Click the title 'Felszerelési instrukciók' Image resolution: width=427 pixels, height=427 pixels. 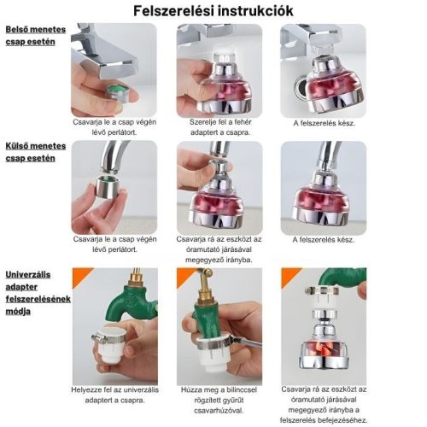click(x=213, y=11)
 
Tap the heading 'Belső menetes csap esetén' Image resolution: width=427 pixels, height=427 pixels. click(x=36, y=36)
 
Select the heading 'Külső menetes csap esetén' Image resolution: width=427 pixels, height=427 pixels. click(x=36, y=152)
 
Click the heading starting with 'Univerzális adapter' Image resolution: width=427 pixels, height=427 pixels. click(x=38, y=293)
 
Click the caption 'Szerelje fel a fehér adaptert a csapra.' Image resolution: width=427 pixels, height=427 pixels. click(x=220, y=127)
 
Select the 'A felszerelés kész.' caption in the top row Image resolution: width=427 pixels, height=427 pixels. click(x=325, y=123)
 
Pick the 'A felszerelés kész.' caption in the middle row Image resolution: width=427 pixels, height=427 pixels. click(x=324, y=240)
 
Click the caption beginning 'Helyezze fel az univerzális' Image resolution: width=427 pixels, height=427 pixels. click(x=114, y=395)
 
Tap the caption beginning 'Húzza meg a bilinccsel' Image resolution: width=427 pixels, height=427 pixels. click(x=219, y=400)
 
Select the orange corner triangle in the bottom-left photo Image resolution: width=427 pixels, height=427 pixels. click(x=80, y=275)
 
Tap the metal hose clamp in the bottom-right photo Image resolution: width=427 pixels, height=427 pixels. click(x=322, y=291)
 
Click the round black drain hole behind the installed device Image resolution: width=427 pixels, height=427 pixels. click(x=300, y=88)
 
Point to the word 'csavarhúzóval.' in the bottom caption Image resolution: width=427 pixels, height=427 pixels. click(x=219, y=411)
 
